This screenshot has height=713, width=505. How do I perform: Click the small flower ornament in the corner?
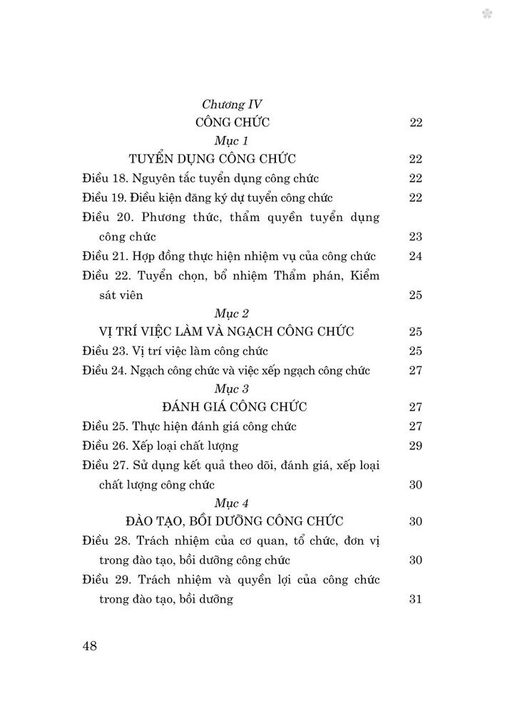pyautogui.click(x=487, y=14)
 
